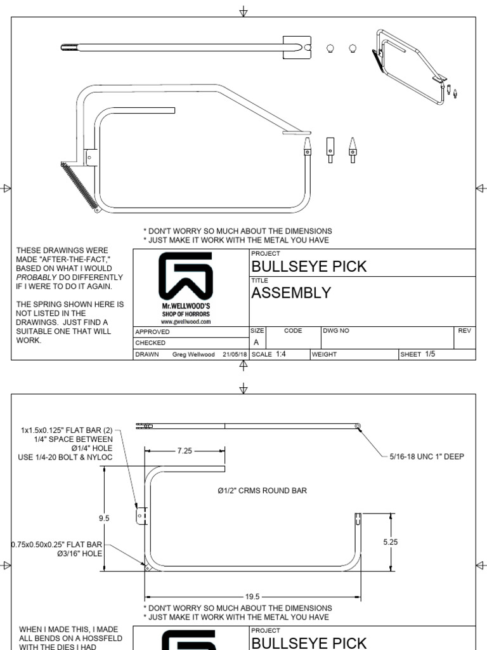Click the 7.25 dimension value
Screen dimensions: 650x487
tap(185, 450)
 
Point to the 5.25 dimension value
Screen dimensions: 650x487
tap(391, 542)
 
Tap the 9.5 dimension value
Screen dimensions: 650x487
tap(104, 518)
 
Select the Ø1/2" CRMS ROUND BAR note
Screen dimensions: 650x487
tap(262, 491)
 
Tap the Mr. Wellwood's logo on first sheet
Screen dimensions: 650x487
tap(186, 279)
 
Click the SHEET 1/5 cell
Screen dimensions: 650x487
tap(418, 354)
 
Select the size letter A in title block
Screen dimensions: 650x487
tap(256, 342)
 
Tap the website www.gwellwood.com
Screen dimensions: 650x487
tap(186, 321)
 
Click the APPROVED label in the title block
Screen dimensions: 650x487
tap(153, 331)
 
